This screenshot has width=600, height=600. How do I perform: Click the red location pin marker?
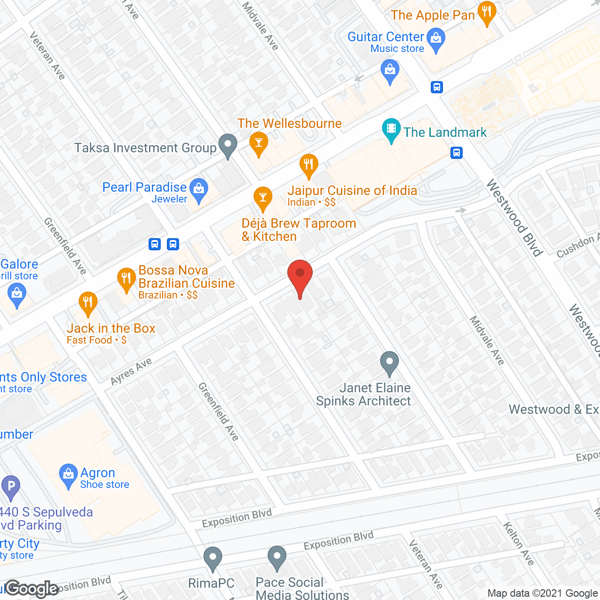(x=300, y=277)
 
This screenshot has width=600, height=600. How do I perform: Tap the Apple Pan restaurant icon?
(x=487, y=13)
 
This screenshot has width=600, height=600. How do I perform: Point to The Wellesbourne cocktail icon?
(x=258, y=143)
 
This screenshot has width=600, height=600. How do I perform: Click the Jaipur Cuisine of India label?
(x=352, y=191)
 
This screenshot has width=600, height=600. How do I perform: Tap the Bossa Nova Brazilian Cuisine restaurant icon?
(x=126, y=279)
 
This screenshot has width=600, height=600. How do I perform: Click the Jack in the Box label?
(x=111, y=329)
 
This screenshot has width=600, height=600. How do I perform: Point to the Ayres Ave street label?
(x=131, y=371)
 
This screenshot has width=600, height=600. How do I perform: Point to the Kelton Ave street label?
(x=518, y=544)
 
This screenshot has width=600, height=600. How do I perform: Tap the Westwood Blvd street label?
(x=515, y=218)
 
